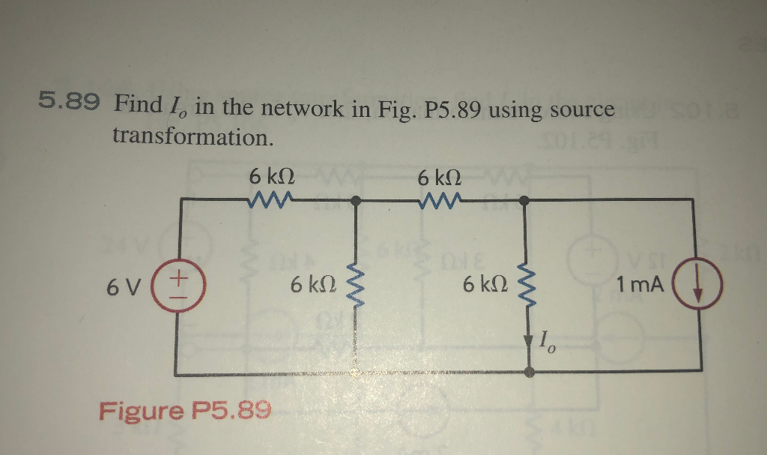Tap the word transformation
[191, 136]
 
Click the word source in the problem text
[582, 110]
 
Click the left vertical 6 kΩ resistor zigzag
[355, 286]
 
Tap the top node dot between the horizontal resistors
[357, 200]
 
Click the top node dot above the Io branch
[526, 200]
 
